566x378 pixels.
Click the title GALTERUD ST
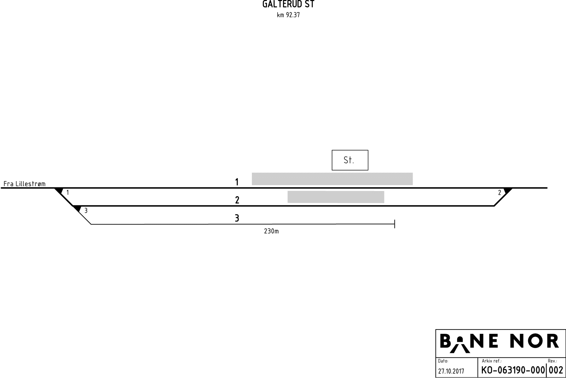[x=288, y=5]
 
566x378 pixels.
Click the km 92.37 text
[x=288, y=15]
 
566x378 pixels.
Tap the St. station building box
[x=350, y=160]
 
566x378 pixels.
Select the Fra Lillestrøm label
[x=24, y=184]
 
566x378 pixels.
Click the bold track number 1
[x=237, y=182]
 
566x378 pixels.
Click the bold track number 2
[x=237, y=200]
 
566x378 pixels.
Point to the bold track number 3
[x=237, y=218]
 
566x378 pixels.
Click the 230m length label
[x=271, y=231]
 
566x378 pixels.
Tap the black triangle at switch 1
[x=59, y=191]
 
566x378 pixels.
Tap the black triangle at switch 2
[x=508, y=191]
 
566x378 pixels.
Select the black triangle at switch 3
[x=77, y=209]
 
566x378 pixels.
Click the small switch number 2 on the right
[x=499, y=193]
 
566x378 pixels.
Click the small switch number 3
[x=86, y=211]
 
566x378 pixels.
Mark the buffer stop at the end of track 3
[x=394, y=224]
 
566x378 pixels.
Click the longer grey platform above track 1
[x=332, y=179]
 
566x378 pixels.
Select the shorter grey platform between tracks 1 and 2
[x=336, y=197]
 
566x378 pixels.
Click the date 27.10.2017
[x=451, y=371]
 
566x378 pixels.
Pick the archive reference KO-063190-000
[x=513, y=370]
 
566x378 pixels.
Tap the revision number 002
[x=556, y=370]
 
